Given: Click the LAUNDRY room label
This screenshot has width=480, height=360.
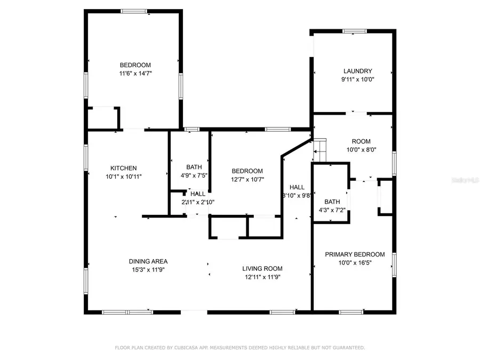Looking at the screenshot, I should tap(357, 71).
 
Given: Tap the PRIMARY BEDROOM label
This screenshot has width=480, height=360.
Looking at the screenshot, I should tap(355, 254).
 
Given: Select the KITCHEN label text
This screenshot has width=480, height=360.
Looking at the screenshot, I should tap(124, 168).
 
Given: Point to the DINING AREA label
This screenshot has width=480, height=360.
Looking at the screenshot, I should tap(148, 261).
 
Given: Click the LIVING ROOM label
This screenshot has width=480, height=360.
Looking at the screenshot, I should tap(262, 268).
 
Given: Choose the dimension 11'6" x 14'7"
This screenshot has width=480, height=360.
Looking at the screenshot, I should tap(135, 74).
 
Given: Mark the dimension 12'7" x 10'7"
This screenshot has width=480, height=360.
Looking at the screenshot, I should tap(247, 179).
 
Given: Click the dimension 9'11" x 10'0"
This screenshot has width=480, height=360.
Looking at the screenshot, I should tap(357, 79).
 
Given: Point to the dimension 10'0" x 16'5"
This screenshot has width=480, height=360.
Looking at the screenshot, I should tap(355, 263).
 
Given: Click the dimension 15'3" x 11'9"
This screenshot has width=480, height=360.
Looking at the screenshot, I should tap(148, 270).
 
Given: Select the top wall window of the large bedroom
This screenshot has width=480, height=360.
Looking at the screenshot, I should tap(133, 11).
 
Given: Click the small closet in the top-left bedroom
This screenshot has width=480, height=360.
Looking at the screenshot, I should tap(103, 118).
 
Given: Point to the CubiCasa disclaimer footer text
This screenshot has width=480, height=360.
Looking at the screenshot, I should tap(240, 348).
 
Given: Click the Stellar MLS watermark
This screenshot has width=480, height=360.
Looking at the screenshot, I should tap(464, 181).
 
